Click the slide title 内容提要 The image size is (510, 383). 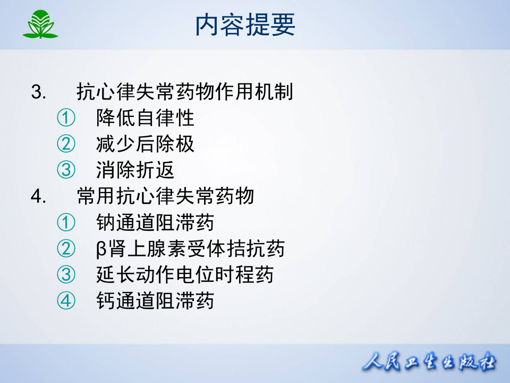coord(245,24)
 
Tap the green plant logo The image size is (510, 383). coord(40,24)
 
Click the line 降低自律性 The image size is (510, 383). coord(145,118)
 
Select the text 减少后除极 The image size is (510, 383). coord(145,144)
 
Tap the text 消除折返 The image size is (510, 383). coord(135,170)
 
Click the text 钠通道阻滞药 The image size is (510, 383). coord(155,222)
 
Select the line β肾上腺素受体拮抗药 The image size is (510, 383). coord(190,248)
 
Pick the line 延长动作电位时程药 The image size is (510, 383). coord(185,274)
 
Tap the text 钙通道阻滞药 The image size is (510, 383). coord(155,301)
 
